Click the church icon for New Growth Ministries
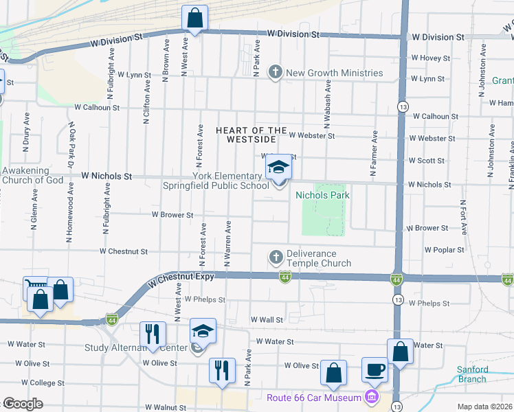[x=276, y=73]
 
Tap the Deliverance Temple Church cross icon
[x=276, y=257]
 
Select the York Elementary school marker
[x=279, y=167]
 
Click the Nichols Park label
[x=322, y=196]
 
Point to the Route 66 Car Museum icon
[x=372, y=398]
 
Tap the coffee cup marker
[x=375, y=370]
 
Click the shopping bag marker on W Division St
[x=194, y=17]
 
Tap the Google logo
[x=23, y=404]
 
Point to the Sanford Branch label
[x=473, y=374]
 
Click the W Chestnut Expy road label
[x=181, y=277]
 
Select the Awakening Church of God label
[x=32, y=176]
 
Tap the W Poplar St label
[x=445, y=251]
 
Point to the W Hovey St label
[x=429, y=58]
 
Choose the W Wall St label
[x=267, y=320]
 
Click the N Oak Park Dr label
[x=71, y=145]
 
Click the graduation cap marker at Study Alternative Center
[x=203, y=332]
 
